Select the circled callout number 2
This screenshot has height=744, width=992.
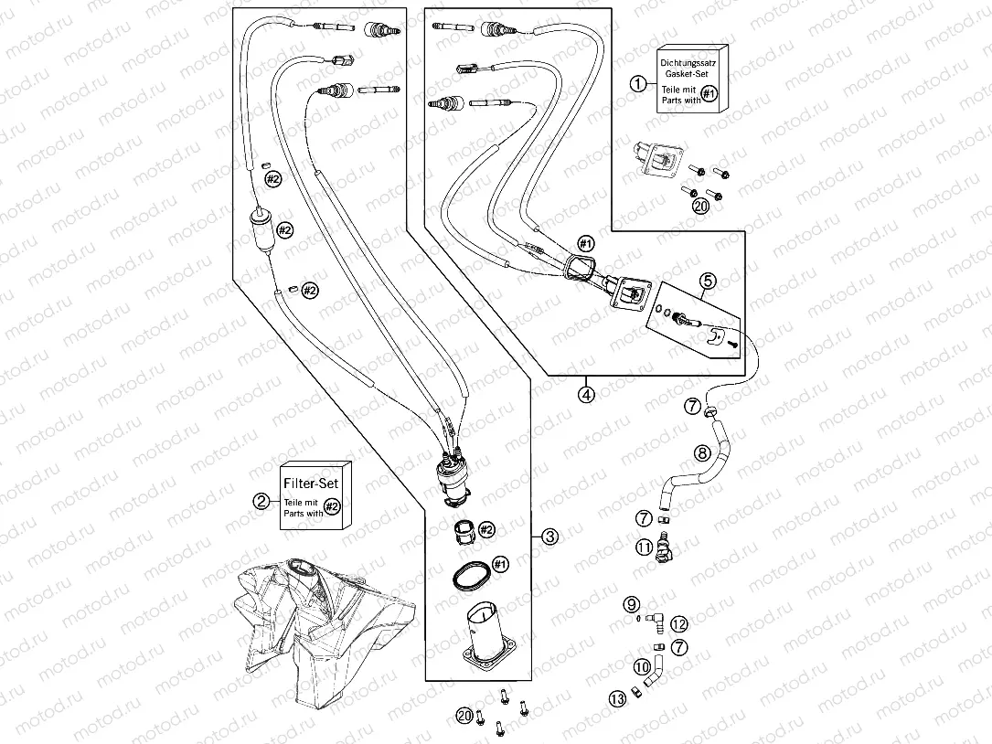(261, 500)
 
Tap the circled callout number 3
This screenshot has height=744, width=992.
(549, 537)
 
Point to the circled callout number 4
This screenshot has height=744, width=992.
(585, 395)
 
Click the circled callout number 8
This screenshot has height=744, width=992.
(702, 452)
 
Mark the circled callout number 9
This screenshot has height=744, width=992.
(631, 604)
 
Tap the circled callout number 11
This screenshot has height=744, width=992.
(645, 547)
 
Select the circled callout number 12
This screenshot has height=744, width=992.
(678, 624)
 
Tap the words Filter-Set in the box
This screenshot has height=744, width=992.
(315, 482)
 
